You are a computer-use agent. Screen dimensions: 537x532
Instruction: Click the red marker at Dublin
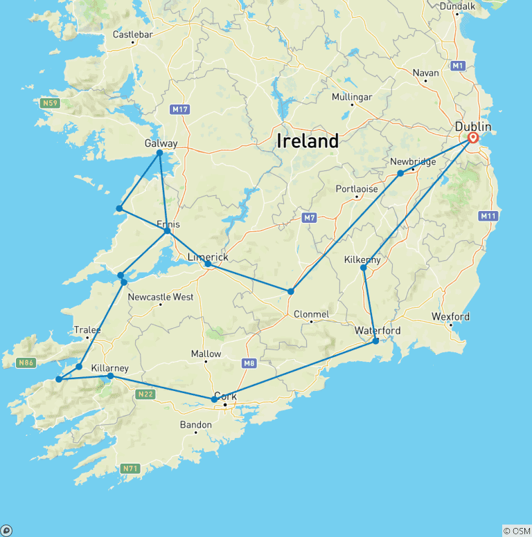click(473, 138)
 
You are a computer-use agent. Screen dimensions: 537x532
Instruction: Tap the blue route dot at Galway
click(159, 153)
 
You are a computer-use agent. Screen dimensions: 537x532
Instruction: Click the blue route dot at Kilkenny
click(363, 268)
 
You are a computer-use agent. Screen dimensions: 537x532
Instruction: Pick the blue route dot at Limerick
click(208, 264)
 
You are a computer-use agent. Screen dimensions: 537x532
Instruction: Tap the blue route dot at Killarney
click(111, 376)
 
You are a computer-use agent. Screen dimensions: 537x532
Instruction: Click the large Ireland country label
click(308, 141)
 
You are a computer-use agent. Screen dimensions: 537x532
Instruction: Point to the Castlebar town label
click(132, 35)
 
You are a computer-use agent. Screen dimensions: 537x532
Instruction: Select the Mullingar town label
click(352, 97)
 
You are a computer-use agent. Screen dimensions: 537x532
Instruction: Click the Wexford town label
click(450, 317)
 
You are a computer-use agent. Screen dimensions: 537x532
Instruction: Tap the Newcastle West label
click(161, 297)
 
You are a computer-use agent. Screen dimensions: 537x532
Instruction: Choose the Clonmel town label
click(310, 314)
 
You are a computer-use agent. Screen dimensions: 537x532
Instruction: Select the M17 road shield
click(179, 109)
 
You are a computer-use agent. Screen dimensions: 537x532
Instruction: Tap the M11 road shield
click(488, 217)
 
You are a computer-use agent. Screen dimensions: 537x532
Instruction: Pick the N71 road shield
click(130, 468)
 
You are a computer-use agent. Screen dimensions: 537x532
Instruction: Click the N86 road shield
click(26, 362)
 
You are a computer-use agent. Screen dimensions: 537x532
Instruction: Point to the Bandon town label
click(195, 425)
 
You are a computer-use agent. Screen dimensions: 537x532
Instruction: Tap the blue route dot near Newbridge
click(400, 173)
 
